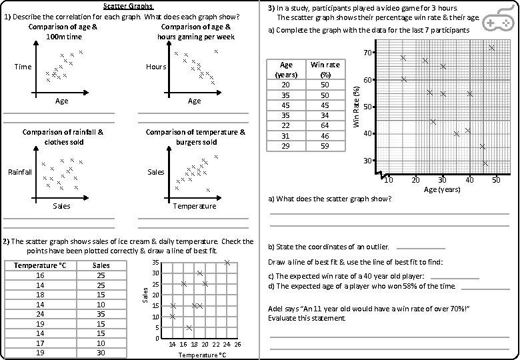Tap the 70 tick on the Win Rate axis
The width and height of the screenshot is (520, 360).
point(367,53)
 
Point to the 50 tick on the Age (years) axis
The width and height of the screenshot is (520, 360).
point(496,180)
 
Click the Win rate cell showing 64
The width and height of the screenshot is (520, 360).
point(325,125)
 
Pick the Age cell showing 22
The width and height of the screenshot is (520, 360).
point(286,125)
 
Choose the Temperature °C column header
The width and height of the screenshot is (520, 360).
point(40,265)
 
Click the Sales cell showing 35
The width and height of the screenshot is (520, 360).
point(101,313)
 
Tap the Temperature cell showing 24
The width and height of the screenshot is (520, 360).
point(40,313)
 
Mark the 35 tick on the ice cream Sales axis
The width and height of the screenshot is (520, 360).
point(155,263)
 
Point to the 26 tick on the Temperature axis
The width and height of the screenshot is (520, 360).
point(238,344)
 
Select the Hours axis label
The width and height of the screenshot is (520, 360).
point(156,67)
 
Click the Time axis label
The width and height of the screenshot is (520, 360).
point(23,67)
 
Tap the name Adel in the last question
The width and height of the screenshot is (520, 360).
point(276,309)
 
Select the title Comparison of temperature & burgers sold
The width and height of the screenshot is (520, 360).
point(195,137)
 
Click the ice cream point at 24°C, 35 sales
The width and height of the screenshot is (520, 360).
point(227,263)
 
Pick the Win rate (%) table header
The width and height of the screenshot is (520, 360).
point(325,69)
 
